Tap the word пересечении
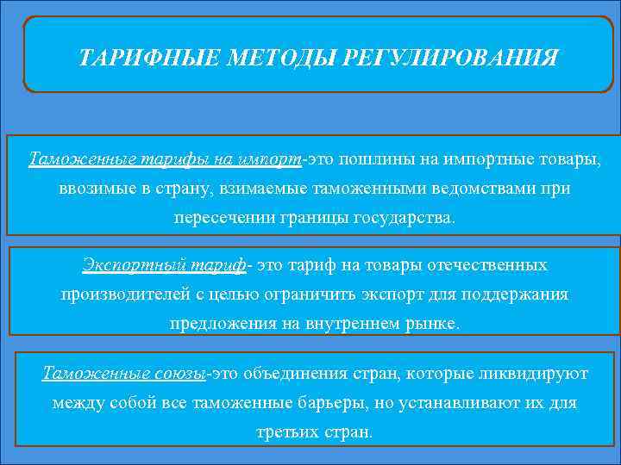[223, 217]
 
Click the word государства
[403, 217]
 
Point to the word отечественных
[489, 264]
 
